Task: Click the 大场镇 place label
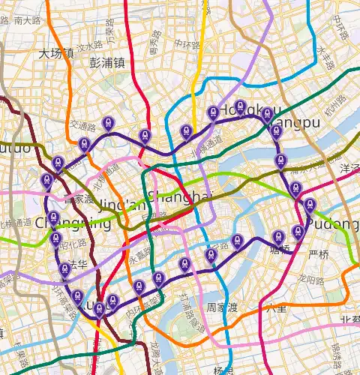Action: pyautogui.click(x=56, y=53)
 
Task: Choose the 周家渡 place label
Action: pyautogui.click(x=223, y=307)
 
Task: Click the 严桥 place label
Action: pyautogui.click(x=319, y=254)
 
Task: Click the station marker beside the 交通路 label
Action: pyautogui.click(x=109, y=123)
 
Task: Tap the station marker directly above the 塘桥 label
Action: pyautogui.click(x=278, y=236)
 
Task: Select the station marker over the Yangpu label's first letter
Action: pyautogui.click(x=276, y=131)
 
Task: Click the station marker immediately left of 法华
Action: pyautogui.click(x=64, y=270)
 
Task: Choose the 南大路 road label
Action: pyautogui.click(x=28, y=21)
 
